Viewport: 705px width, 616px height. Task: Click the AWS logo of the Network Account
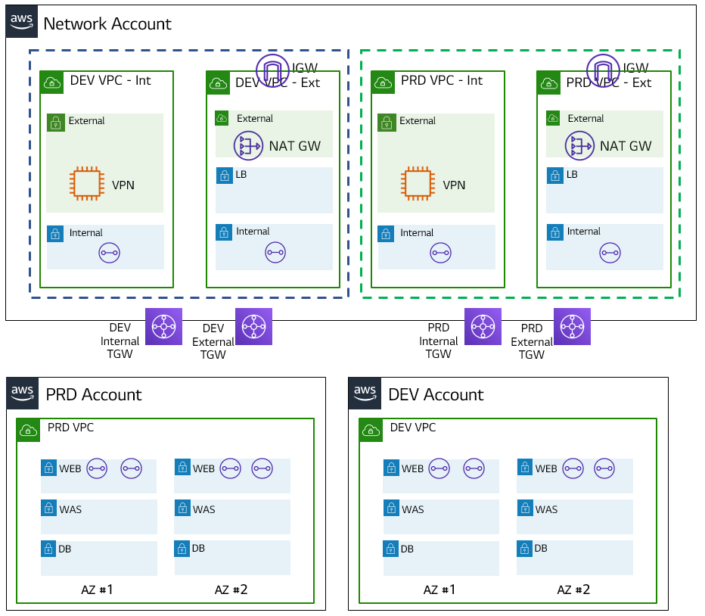22,21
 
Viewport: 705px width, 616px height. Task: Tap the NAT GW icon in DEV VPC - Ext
248,146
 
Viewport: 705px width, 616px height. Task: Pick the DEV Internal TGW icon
163,327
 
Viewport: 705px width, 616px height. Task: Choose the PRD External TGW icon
573,327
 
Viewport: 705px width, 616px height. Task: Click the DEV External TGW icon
253,327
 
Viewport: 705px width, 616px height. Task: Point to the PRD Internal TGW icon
483,327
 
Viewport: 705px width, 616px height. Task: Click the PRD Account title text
94,395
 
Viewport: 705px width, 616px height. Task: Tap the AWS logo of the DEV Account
365,392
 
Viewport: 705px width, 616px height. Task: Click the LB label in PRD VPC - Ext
572,175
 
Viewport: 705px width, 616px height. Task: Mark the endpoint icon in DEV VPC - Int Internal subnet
110,253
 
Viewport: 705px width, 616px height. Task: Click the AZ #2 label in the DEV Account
573,590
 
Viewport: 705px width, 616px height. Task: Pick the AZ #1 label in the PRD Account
98,590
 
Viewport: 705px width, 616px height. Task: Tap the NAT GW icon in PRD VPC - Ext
579,145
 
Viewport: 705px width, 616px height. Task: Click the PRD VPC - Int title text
442,80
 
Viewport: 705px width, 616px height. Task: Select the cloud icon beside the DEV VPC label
371,430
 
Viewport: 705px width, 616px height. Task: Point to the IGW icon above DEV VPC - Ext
273,70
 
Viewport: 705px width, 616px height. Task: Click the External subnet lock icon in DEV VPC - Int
55,122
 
